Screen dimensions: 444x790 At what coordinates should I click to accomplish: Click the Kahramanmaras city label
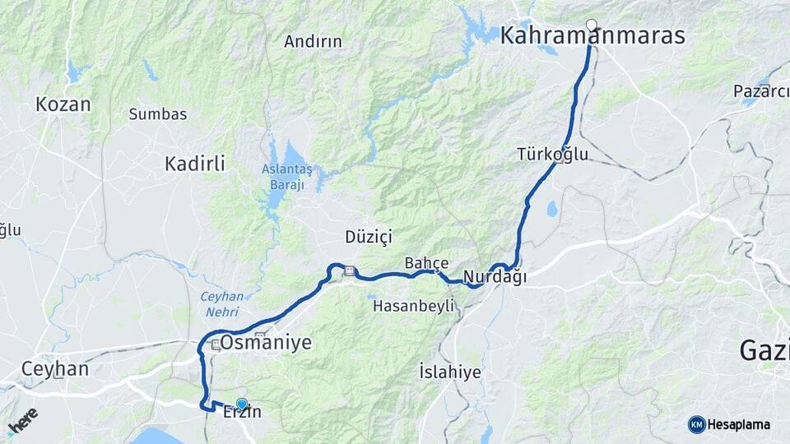pos(592,35)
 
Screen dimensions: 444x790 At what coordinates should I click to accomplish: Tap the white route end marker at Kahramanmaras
pos(591,24)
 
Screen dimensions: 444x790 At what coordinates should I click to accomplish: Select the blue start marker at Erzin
pos(241,404)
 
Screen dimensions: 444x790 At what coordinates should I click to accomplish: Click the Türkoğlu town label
pos(553,154)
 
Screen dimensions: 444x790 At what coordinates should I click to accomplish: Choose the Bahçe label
pos(426,263)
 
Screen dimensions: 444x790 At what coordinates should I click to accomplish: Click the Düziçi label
pos(369,237)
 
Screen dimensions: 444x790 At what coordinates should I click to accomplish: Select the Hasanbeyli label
pos(414,306)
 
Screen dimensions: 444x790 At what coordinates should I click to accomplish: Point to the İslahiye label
pos(449,372)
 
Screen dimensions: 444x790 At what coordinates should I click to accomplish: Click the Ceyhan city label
pos(55,368)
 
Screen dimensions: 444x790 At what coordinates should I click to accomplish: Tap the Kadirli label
pos(194,164)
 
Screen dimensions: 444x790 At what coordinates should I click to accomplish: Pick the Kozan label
pos(63,104)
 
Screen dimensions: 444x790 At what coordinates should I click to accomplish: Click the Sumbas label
pos(158,114)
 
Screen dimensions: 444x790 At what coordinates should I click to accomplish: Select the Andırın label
pos(313,41)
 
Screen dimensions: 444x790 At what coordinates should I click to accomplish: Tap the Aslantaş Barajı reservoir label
pos(287,177)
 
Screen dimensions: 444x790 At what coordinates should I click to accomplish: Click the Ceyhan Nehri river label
pos(221,303)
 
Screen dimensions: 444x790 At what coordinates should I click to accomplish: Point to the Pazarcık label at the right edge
pos(761,90)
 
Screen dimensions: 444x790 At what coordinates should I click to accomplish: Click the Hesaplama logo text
pos(738,425)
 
